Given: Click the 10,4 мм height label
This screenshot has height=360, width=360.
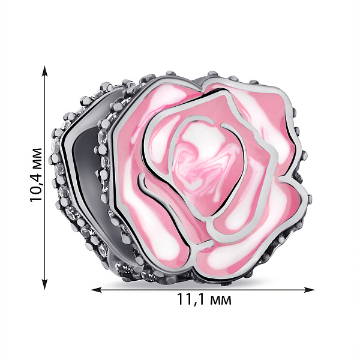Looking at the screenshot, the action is click(36, 175).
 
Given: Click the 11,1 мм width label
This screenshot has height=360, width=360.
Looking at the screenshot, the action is click(204, 299).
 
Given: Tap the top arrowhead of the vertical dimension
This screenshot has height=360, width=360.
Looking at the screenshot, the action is click(45, 71).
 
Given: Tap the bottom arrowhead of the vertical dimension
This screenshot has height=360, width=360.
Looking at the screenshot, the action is click(45, 284).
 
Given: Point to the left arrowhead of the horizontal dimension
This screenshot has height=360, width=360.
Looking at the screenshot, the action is click(97, 290).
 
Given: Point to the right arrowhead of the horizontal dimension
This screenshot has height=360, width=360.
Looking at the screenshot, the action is click(309, 290).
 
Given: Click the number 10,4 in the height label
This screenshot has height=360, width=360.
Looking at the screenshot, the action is click(36, 185).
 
